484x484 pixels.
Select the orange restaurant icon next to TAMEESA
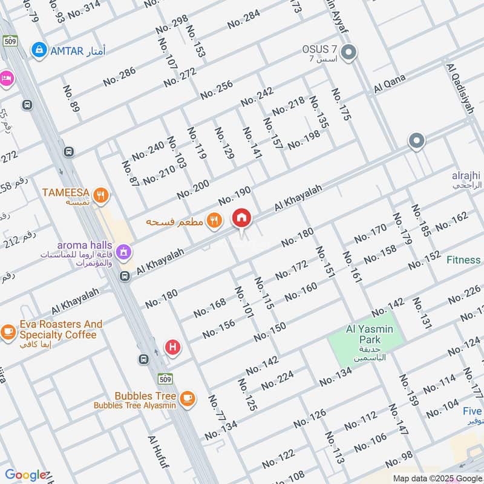pos(102,194)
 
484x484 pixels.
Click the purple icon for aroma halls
pos(123,250)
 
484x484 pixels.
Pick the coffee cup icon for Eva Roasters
pos(8,331)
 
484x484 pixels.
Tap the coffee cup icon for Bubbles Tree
pos(188,397)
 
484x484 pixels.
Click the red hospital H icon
pos(173,348)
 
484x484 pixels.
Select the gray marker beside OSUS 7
pos(348,53)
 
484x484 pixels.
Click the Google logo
pos(25,475)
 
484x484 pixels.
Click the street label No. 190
pos(234,196)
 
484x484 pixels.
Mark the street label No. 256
pos(216,89)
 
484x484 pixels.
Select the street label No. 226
pos(464,293)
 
